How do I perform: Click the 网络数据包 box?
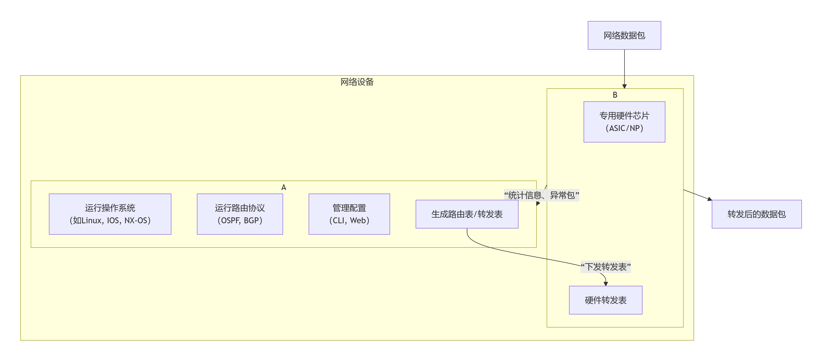tap(624, 35)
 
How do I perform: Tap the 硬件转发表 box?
tap(605, 300)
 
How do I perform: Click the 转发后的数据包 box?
tap(756, 214)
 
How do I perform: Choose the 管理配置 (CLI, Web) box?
tap(349, 214)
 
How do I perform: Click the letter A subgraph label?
tap(283, 187)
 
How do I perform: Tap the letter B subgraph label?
tap(615, 95)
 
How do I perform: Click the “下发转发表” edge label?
tap(605, 267)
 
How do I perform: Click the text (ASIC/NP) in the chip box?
tap(624, 128)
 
